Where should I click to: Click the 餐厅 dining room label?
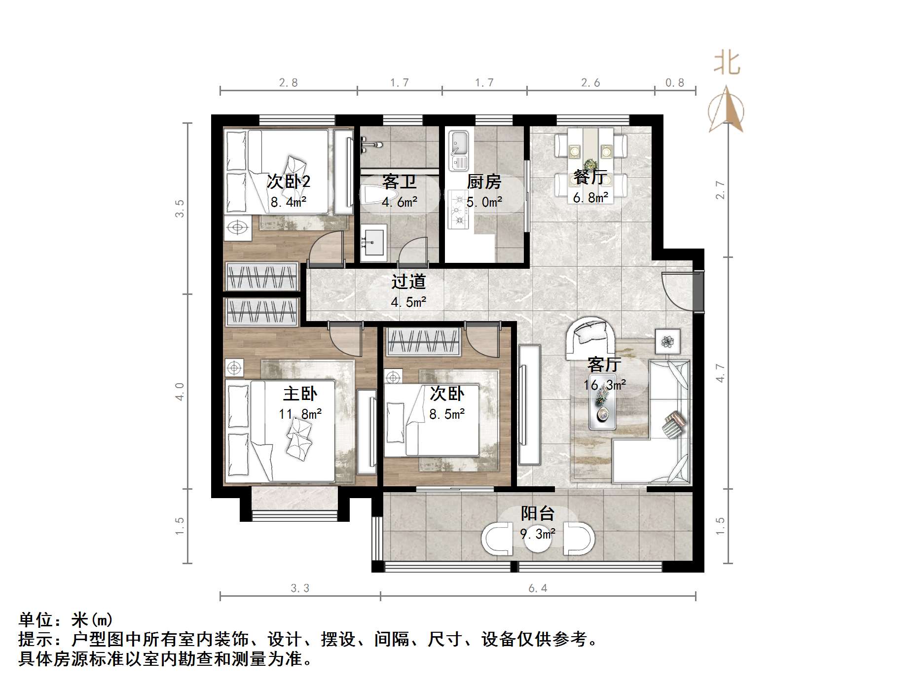(590, 177)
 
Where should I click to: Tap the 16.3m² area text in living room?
(605, 385)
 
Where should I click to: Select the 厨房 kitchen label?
(484, 182)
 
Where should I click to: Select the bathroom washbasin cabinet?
(374, 242)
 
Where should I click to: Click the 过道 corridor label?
(408, 282)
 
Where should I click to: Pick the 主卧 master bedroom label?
(300, 394)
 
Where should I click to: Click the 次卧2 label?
(289, 181)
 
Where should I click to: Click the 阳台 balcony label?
(538, 513)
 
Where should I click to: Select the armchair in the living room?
(589, 338)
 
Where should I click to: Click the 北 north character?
(727, 64)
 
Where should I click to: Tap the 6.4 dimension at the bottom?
(538, 588)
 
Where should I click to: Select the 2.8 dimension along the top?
(289, 83)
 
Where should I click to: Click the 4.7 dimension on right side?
(721, 373)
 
